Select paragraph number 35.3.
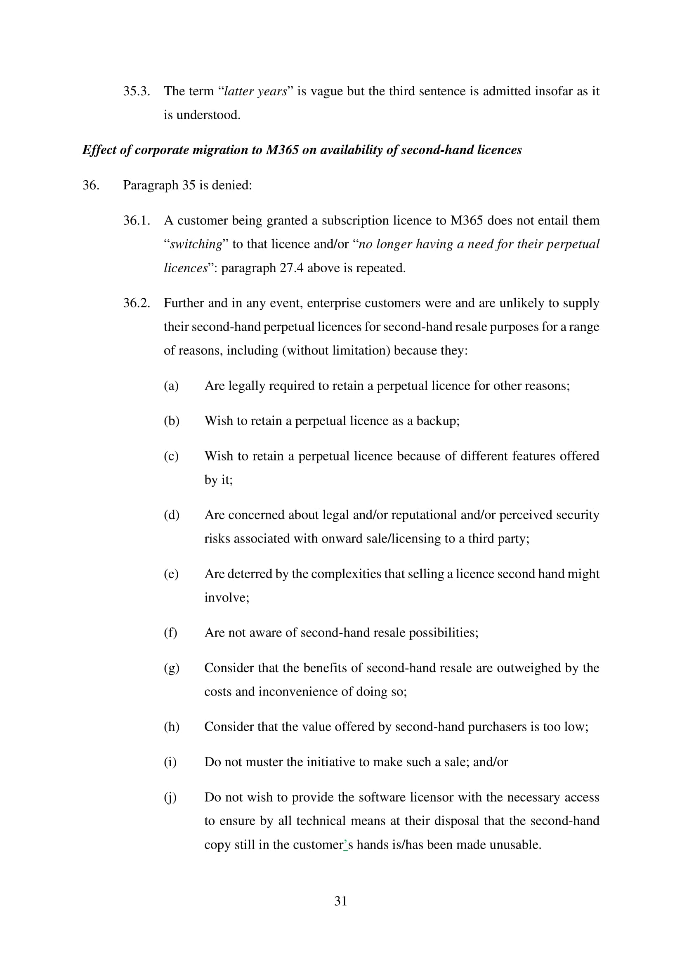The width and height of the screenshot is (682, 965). (x=136, y=91)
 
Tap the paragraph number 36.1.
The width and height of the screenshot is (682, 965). (x=136, y=221)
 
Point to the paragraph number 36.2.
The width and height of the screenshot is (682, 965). (x=136, y=303)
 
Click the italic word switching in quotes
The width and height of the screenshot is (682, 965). (x=196, y=244)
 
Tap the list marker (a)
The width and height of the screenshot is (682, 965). (x=171, y=385)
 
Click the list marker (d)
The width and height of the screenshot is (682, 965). (x=172, y=515)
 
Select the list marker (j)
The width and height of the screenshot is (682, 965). (x=170, y=797)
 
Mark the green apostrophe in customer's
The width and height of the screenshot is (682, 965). (x=345, y=843)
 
